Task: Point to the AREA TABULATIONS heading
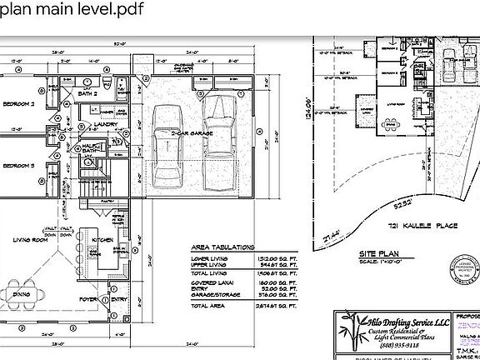215,248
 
